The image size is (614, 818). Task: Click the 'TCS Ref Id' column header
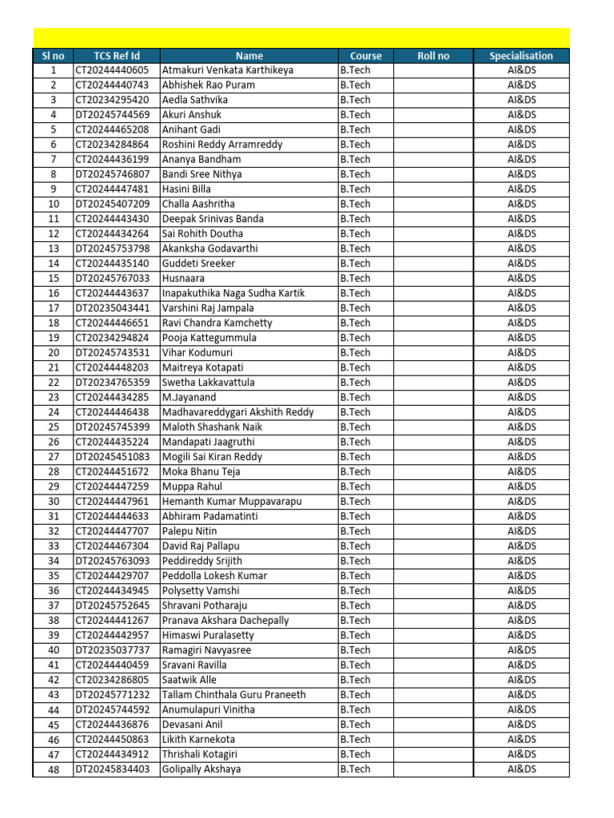click(117, 56)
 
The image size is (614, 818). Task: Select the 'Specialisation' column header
click(521, 56)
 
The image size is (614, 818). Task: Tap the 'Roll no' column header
click(433, 56)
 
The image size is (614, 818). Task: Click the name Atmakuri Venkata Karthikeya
click(228, 70)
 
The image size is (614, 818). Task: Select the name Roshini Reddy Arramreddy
click(222, 145)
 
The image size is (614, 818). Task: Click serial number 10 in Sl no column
click(54, 204)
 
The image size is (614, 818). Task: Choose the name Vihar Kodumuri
click(202, 352)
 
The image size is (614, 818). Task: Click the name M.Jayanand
click(189, 397)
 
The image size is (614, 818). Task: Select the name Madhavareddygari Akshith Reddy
click(237, 412)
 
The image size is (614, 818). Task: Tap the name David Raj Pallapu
click(201, 546)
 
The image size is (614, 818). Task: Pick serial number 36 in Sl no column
click(54, 590)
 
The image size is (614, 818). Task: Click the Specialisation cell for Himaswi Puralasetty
click(521, 635)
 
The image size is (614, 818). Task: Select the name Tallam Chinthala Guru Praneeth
click(233, 695)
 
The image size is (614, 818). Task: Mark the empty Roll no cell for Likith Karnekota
click(433, 740)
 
